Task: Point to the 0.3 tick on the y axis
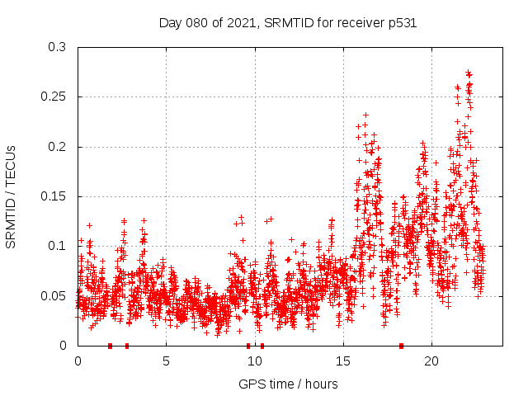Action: pos(58,48)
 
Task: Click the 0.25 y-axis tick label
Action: pos(54,97)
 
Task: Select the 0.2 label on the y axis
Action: pos(58,147)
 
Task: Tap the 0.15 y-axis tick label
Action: pos(54,196)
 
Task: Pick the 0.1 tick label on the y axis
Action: pos(58,246)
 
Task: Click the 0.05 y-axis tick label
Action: pos(54,295)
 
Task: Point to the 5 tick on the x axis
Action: pos(166,361)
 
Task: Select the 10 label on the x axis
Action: pos(254,361)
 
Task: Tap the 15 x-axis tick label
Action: pos(342,361)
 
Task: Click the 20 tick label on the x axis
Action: pos(431,361)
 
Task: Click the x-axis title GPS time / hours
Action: pos(288,384)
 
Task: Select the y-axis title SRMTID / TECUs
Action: pos(12,196)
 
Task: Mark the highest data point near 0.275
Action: pos(469,73)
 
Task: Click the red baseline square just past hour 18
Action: pos(401,345)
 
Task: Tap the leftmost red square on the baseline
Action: pos(110,345)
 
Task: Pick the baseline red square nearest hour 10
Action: pos(262,345)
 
